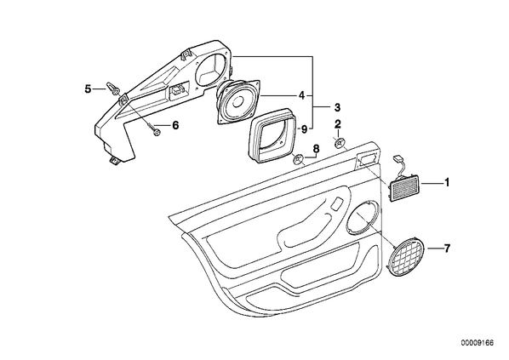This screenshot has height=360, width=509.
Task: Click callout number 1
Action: (x=447, y=182)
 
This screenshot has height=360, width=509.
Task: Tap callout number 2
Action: (x=338, y=123)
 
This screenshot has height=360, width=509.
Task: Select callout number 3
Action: (x=337, y=106)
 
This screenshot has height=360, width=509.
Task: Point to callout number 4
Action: (x=302, y=95)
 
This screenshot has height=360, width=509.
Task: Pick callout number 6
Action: (x=175, y=125)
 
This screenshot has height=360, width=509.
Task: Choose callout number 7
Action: (x=447, y=249)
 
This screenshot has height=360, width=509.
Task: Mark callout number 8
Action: (x=316, y=149)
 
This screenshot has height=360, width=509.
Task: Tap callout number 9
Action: (x=304, y=129)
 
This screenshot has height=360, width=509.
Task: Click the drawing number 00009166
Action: (x=478, y=343)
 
